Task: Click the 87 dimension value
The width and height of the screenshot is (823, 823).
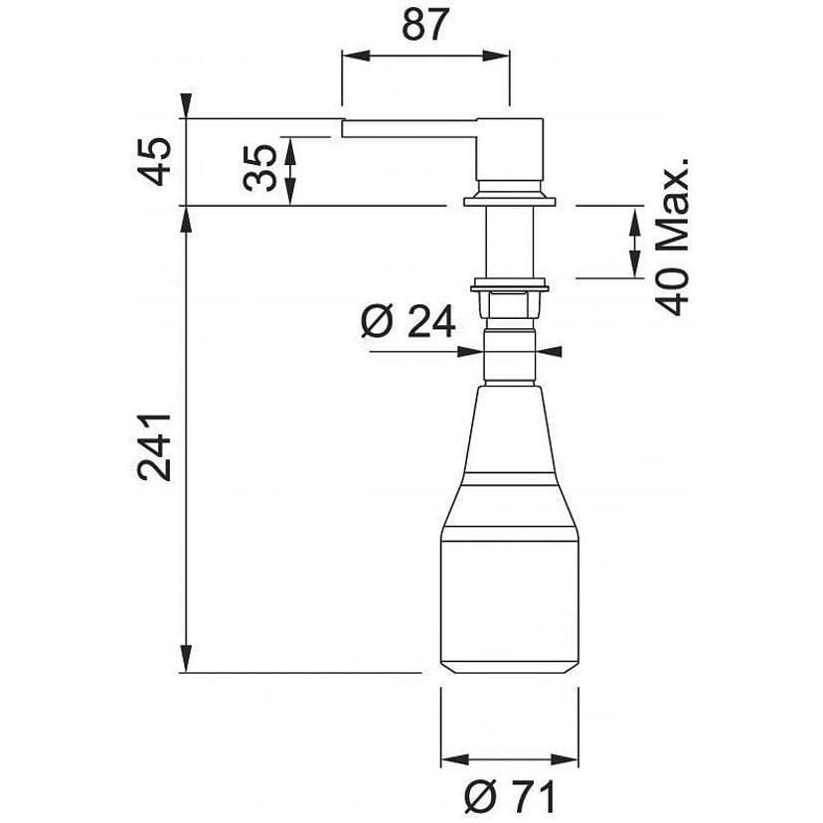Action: click(425, 25)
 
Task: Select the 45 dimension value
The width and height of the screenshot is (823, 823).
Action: click(156, 162)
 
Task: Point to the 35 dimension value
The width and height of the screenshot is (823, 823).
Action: click(259, 168)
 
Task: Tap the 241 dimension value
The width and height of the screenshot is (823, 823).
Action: click(154, 447)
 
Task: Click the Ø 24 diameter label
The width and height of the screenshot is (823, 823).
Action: click(409, 322)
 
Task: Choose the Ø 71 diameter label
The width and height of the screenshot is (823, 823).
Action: click(510, 797)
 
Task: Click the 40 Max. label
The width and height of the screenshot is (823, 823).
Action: click(672, 237)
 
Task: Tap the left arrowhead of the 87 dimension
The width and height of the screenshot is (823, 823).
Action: click(356, 56)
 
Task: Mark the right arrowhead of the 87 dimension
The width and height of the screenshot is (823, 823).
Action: click(495, 56)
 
